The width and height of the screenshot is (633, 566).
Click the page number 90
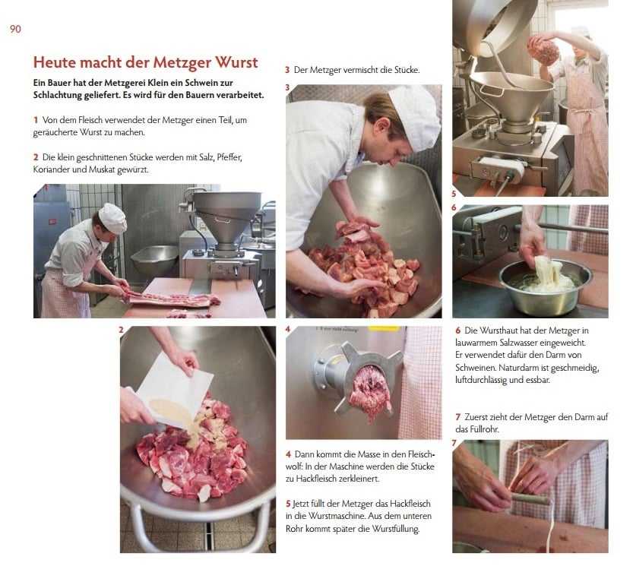(15, 29)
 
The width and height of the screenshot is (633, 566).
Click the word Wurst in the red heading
(236, 62)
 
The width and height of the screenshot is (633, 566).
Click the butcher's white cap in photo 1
(113, 218)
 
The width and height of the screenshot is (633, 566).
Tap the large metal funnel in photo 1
(227, 215)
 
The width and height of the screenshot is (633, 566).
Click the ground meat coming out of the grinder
(369, 391)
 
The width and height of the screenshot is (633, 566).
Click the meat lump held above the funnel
(544, 49)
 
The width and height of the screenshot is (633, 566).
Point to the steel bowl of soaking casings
(545, 286)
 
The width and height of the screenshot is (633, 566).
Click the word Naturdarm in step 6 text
(517, 368)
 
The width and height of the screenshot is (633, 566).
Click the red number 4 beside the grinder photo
(288, 330)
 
